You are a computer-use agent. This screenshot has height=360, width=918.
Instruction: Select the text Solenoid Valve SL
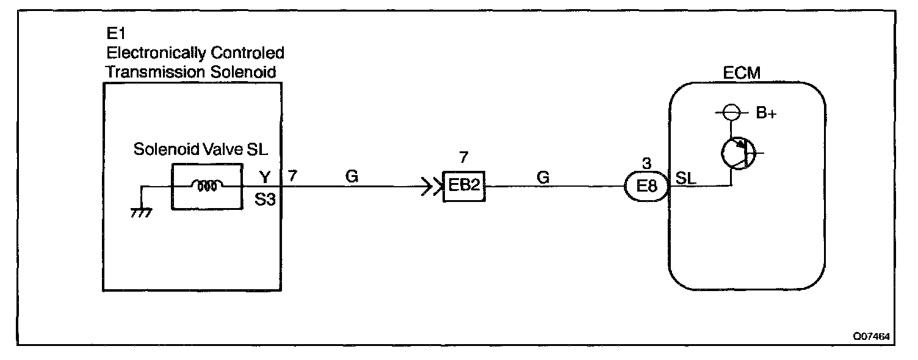(x=201, y=150)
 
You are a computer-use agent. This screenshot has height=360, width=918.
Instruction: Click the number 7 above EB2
(x=463, y=157)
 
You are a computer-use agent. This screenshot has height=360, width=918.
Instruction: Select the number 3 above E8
(x=646, y=162)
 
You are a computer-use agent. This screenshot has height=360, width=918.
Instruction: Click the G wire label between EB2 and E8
(x=543, y=177)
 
